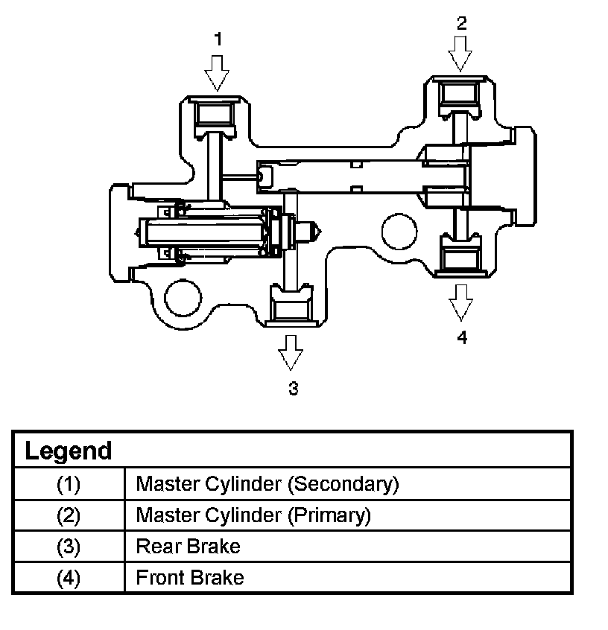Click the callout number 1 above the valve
[x=218, y=39]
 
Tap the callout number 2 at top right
[x=462, y=23]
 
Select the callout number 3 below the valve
[x=294, y=389]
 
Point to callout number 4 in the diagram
[x=462, y=337]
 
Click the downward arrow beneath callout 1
[x=217, y=73]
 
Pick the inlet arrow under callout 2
[x=460, y=54]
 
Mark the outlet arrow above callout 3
[x=291, y=353]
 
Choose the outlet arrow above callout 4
[x=460, y=302]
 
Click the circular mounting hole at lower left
[x=183, y=298]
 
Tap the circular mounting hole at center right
[x=399, y=232]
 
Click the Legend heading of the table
[x=69, y=451]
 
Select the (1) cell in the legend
[x=69, y=484]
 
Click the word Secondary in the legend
[x=343, y=484]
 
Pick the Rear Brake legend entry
[x=189, y=547]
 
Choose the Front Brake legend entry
[x=190, y=578]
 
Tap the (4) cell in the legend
[x=69, y=578]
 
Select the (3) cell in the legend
[x=69, y=547]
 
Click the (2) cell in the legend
[x=69, y=515]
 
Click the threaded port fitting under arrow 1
[x=215, y=116]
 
